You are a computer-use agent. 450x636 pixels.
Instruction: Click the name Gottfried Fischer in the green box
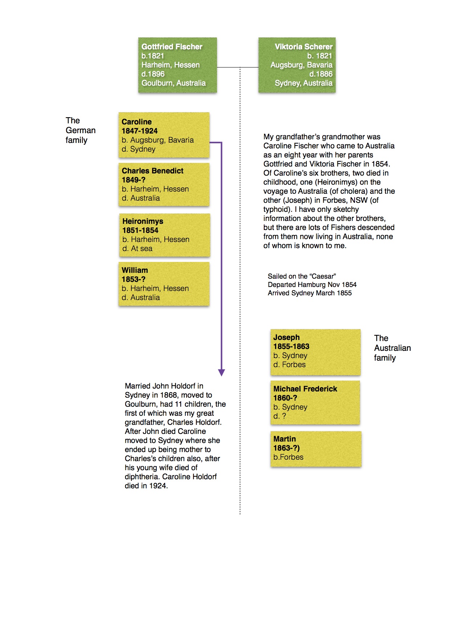(172, 47)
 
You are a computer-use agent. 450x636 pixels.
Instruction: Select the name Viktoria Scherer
(303, 47)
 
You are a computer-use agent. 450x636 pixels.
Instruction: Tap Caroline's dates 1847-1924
(140, 131)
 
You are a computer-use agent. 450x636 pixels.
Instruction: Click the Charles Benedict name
(152, 171)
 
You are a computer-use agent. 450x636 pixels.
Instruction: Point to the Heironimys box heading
(143, 221)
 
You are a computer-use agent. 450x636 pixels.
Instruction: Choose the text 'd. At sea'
(137, 249)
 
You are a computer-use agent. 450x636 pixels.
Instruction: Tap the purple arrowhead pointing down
(221, 373)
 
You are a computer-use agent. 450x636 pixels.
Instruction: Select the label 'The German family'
(80, 130)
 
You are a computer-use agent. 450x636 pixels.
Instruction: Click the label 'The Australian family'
(392, 348)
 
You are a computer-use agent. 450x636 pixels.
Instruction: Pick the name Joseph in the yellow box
(286, 337)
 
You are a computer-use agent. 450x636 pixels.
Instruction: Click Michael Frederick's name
(305, 389)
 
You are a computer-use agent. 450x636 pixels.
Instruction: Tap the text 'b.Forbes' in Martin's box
(288, 457)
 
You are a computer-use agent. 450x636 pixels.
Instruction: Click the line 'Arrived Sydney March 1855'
(310, 293)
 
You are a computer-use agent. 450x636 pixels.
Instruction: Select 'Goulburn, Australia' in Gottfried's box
(173, 83)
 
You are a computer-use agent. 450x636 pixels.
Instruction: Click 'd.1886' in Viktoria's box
(321, 74)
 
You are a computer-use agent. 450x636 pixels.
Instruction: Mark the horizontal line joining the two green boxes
(237, 67)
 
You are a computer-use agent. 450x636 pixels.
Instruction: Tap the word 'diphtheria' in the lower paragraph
(142, 477)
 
